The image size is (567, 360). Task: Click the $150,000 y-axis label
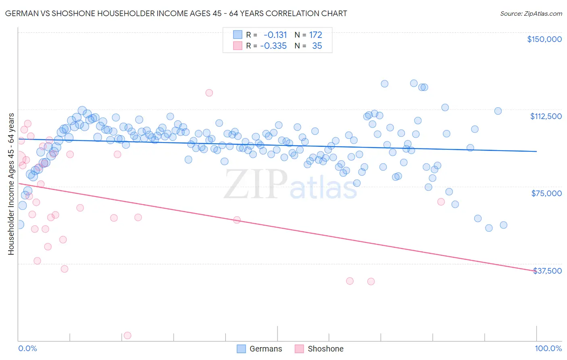click(544, 39)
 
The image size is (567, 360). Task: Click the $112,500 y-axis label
click(546, 116)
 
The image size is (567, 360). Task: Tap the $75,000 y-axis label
click(546, 193)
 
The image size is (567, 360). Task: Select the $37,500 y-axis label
click(547, 271)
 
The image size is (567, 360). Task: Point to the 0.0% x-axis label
click(27, 349)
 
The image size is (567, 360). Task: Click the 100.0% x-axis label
click(548, 349)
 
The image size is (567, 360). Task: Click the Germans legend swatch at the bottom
click(241, 349)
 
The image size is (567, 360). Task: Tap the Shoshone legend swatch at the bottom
click(299, 349)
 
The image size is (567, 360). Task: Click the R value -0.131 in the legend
click(275, 35)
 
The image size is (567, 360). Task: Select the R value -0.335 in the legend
click(273, 46)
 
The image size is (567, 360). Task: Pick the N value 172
click(315, 35)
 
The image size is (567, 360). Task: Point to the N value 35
click(317, 46)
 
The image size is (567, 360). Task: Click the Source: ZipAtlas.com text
click(531, 13)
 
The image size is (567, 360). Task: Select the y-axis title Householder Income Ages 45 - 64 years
click(11, 184)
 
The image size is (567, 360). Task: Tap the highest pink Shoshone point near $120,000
click(209, 93)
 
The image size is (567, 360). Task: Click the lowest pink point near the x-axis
click(127, 335)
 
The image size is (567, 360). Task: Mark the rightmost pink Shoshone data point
click(441, 202)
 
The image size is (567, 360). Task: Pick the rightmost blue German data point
click(503, 225)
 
